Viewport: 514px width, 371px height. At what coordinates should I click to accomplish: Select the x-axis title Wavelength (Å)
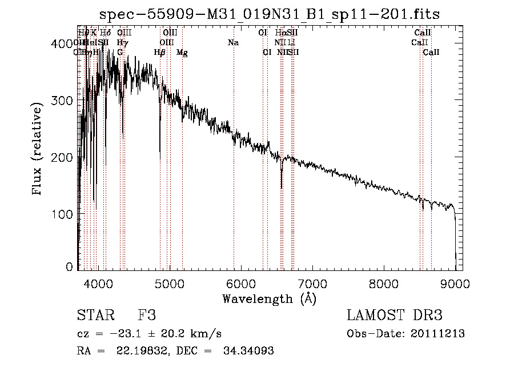point(269,298)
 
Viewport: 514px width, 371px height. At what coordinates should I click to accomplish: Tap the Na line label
point(233,43)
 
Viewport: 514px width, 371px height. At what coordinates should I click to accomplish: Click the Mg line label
point(182,53)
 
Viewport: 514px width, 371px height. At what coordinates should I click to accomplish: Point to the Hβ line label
point(160,53)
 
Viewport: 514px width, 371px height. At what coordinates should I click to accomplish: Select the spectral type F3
point(147,316)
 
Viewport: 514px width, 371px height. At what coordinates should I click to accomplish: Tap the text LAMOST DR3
point(395,316)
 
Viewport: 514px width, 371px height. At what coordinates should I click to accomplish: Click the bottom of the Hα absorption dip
point(281,187)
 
